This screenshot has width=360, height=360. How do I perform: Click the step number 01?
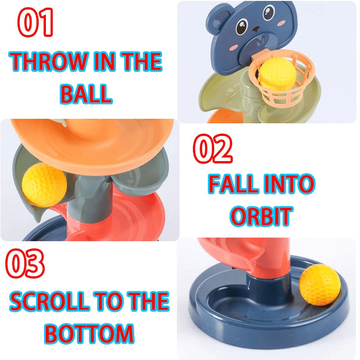point(36,22)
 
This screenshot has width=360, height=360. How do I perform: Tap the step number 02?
point(212,148)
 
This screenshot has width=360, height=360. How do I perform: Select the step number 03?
point(25,263)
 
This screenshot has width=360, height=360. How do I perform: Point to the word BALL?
point(86,94)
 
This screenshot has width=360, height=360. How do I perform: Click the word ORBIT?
point(261,216)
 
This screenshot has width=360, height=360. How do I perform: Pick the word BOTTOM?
point(89,333)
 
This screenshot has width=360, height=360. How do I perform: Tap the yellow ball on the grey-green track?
point(45,185)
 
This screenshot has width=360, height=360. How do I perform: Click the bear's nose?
point(256,29)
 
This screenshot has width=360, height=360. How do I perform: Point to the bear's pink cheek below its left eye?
point(233,48)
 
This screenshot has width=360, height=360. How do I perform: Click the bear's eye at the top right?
point(269,13)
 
